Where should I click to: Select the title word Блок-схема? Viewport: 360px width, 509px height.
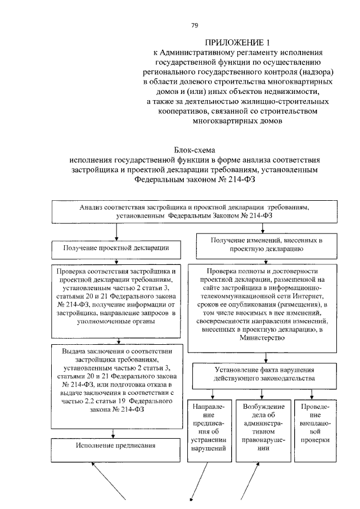pos(193,149)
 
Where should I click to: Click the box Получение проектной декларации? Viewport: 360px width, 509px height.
pos(117,247)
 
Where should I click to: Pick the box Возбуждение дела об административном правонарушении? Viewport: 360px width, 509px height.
pos(260,427)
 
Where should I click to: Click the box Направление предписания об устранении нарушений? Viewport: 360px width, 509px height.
pos(209,427)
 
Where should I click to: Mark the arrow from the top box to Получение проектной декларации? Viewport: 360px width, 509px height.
pos(116,231)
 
